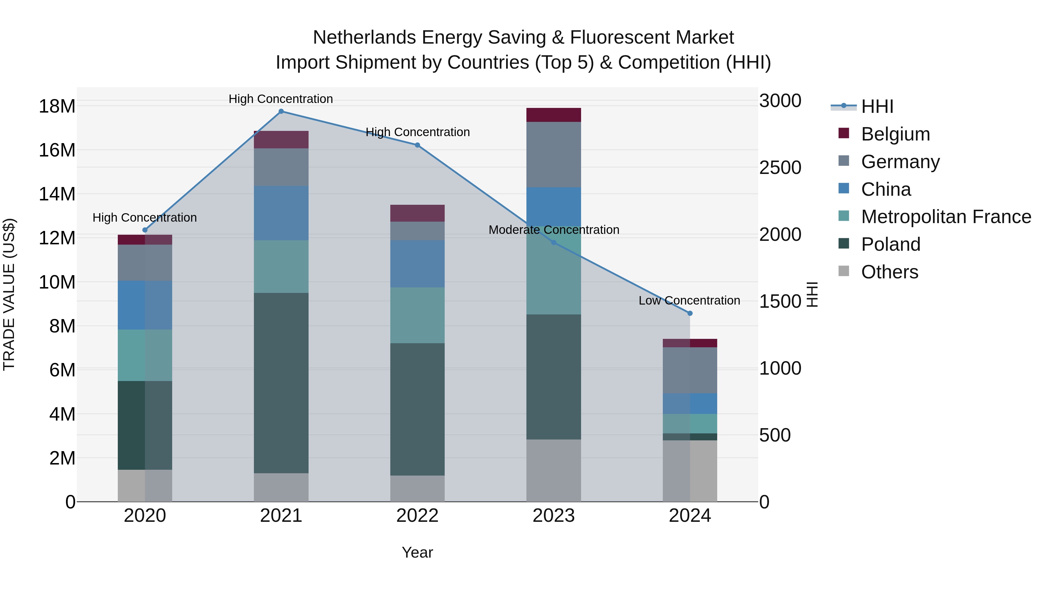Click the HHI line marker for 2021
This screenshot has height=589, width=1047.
pos(281,111)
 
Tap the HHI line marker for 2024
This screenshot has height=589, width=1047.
pos(690,313)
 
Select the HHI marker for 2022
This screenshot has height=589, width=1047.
pos(417,145)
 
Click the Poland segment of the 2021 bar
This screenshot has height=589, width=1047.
pos(281,382)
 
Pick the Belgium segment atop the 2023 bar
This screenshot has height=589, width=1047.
pos(553,115)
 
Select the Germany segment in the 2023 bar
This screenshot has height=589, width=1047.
pos(553,154)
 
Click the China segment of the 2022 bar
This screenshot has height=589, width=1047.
pos(417,264)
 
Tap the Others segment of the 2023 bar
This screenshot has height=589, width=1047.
pos(553,470)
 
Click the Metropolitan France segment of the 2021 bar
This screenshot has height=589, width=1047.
pos(281,266)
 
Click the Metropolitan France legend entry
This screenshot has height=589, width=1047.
pos(945,217)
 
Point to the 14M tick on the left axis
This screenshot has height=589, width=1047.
pos(57,194)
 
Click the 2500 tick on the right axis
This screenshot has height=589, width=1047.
pos(780,168)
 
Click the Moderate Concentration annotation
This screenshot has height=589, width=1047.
pos(553,230)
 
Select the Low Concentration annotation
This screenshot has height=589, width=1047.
pos(689,301)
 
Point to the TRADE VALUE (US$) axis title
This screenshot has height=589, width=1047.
pos(9,294)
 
